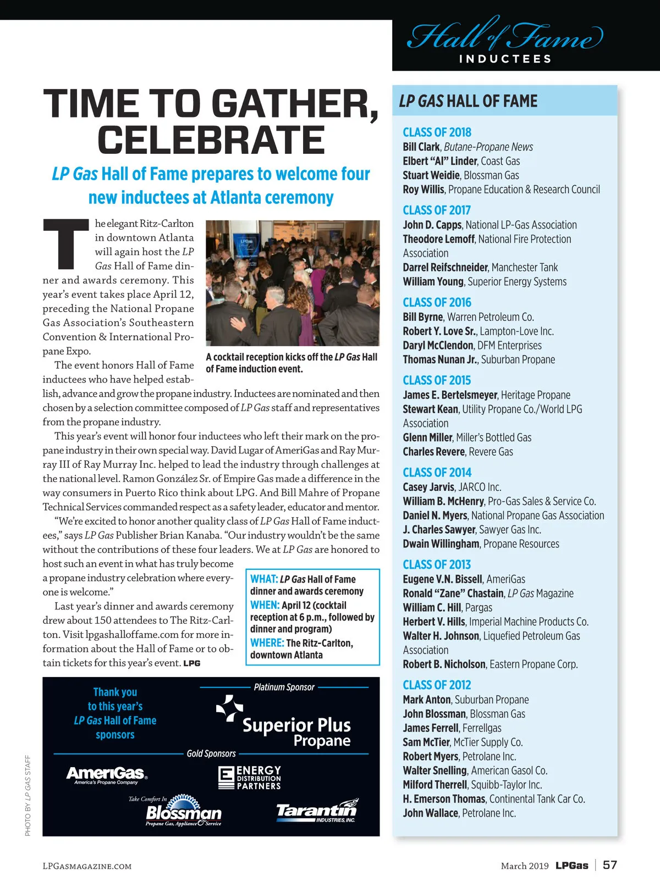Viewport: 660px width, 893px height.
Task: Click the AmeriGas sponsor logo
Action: pos(107,774)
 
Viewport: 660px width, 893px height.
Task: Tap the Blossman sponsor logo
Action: pos(183,812)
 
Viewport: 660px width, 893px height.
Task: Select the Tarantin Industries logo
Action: pos(317,811)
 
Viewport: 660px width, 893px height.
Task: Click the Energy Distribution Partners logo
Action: pos(250,778)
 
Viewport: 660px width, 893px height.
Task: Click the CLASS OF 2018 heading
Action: pos(437,132)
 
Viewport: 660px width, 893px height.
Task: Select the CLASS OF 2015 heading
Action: pos(437,380)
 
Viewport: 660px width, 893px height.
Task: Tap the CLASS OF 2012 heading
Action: pos(437,685)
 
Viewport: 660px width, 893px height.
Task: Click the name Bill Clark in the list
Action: pos(421,147)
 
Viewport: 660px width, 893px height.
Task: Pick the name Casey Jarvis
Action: pos(428,487)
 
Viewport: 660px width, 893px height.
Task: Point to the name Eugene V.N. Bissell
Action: pos(443,579)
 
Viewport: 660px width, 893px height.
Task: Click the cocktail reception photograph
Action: pos(293,282)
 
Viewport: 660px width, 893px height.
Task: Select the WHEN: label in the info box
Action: pos(265,605)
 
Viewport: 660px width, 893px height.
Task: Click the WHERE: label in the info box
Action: pos(267,643)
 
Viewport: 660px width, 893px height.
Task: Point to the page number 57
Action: pos(610,865)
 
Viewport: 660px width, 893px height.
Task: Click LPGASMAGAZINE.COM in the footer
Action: pos(87,866)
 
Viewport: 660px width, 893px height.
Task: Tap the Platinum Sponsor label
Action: pos(284,687)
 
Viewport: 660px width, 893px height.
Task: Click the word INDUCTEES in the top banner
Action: pos(505,59)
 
